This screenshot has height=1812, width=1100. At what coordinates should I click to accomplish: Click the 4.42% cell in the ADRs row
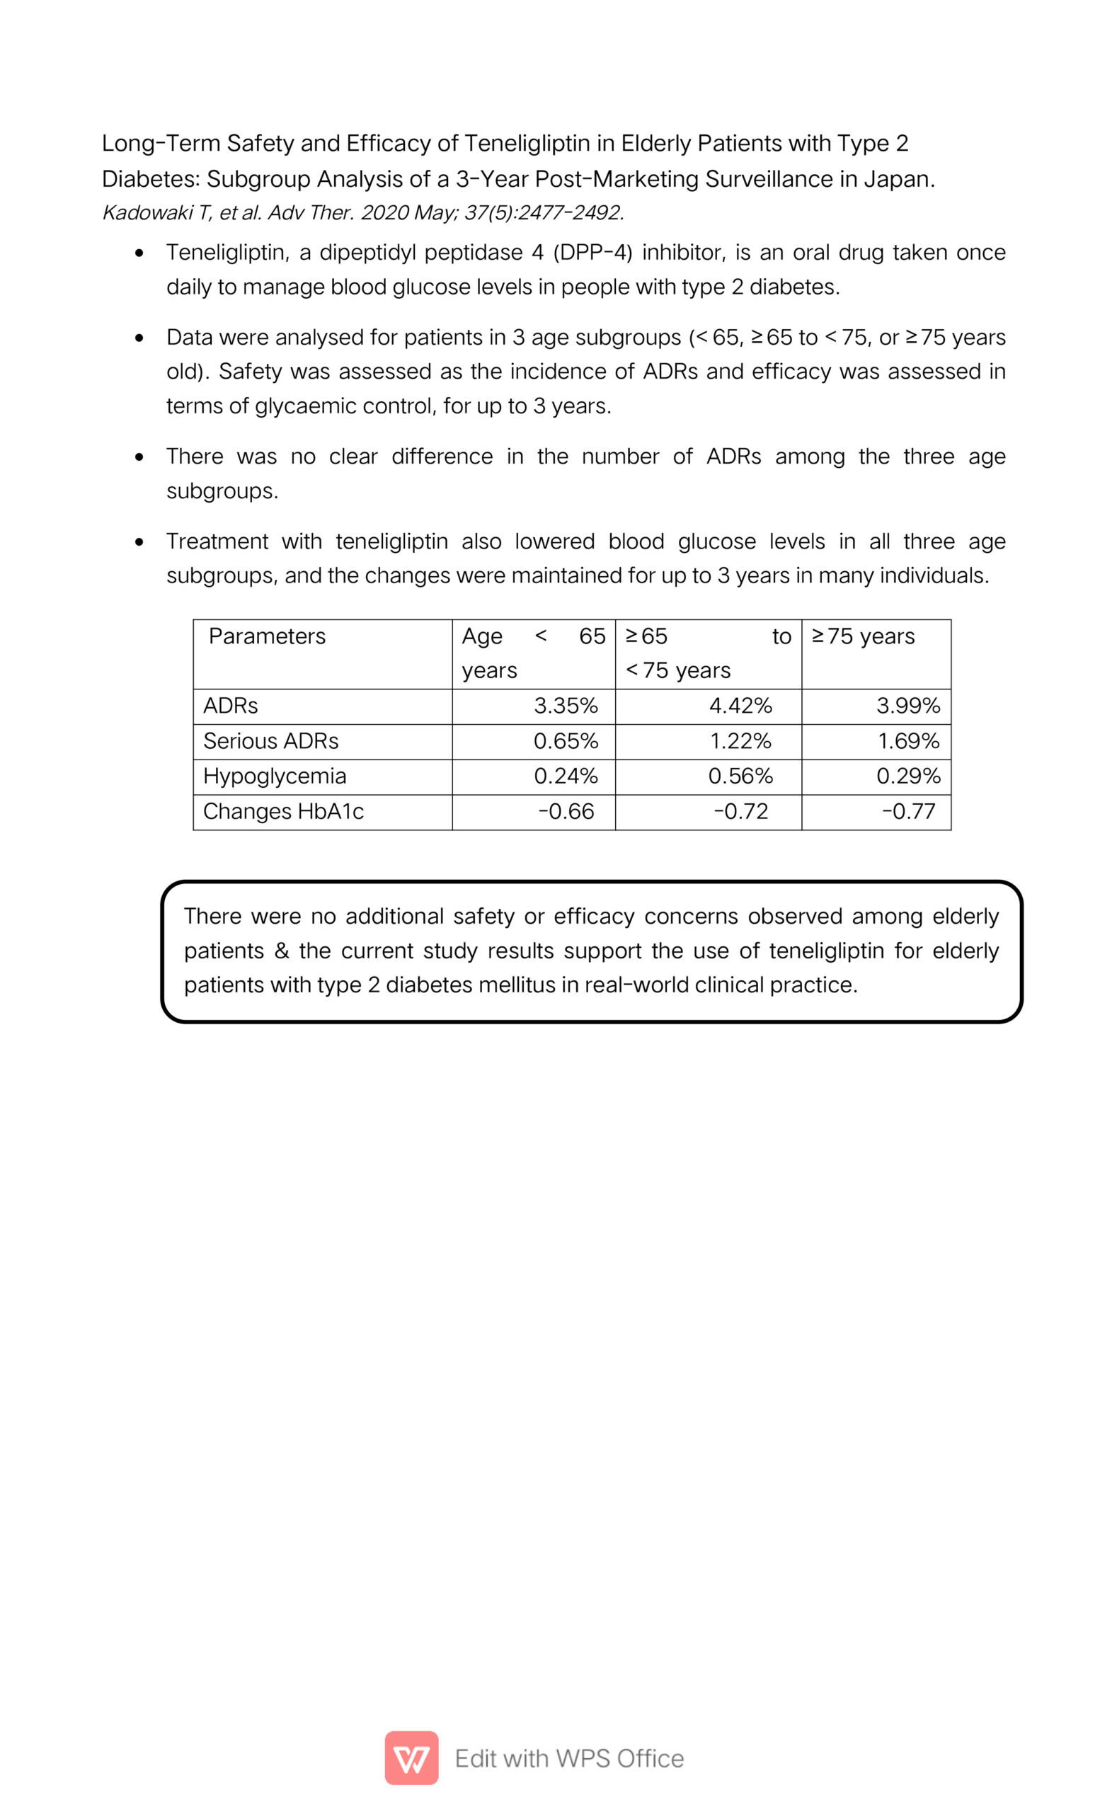pos(740,706)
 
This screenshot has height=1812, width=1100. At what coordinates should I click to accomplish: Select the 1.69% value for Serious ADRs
pos(908,741)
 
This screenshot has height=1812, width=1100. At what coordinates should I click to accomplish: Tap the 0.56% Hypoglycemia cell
pos(740,776)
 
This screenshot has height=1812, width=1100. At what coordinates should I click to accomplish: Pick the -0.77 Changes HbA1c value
pos(908,812)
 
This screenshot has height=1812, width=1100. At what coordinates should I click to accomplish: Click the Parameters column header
pos(267,637)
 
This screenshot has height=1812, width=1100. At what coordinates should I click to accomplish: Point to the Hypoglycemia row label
pos(274,776)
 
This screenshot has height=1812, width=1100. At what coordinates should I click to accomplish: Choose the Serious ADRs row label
pos(270,741)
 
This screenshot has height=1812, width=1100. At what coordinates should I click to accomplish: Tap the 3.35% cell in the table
pos(566,706)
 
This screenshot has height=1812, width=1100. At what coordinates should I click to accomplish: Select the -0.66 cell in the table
pos(566,812)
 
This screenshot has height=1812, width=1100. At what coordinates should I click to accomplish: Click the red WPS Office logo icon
pos(411,1758)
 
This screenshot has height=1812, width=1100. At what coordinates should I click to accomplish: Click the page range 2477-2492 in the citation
pos(571,213)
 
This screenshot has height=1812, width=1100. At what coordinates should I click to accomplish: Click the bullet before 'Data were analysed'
pos(139,338)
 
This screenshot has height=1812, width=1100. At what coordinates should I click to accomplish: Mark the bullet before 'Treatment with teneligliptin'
pos(139,543)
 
